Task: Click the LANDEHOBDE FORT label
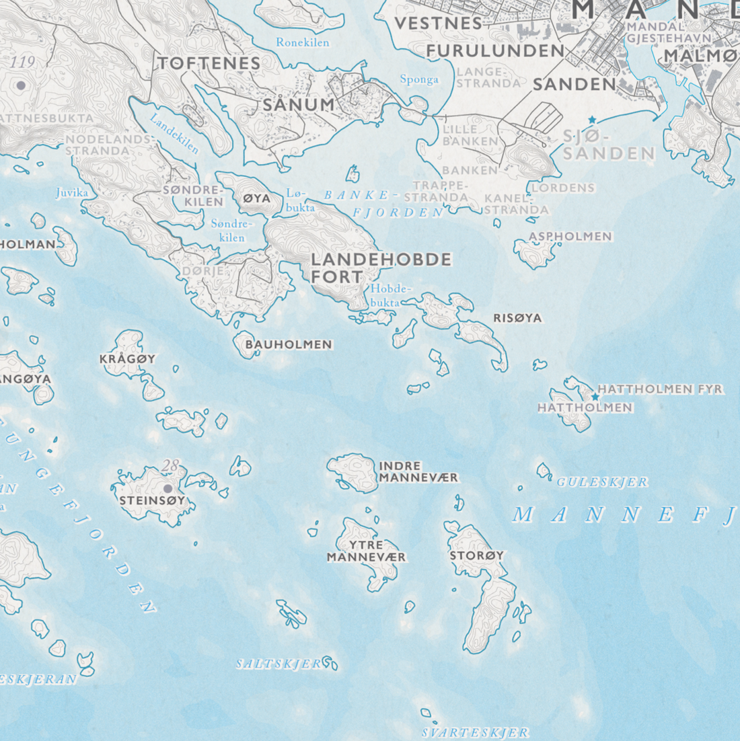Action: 380,268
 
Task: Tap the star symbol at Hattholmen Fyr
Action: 595,397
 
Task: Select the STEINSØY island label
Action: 152,500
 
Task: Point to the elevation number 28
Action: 171,465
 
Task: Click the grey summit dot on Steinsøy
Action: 168,488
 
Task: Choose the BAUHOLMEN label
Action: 289,344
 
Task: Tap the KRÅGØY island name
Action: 127,359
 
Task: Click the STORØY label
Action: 476,556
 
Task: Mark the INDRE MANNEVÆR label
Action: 418,471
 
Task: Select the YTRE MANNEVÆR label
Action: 366,551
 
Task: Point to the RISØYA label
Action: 517,318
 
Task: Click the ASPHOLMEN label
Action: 570,237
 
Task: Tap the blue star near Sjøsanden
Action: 592,120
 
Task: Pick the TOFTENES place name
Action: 209,63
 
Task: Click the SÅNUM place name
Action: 298,105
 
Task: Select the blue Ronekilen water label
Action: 303,42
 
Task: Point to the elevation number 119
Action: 23,63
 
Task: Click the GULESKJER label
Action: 602,482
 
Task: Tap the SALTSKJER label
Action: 279,664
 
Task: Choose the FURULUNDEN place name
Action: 495,51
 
